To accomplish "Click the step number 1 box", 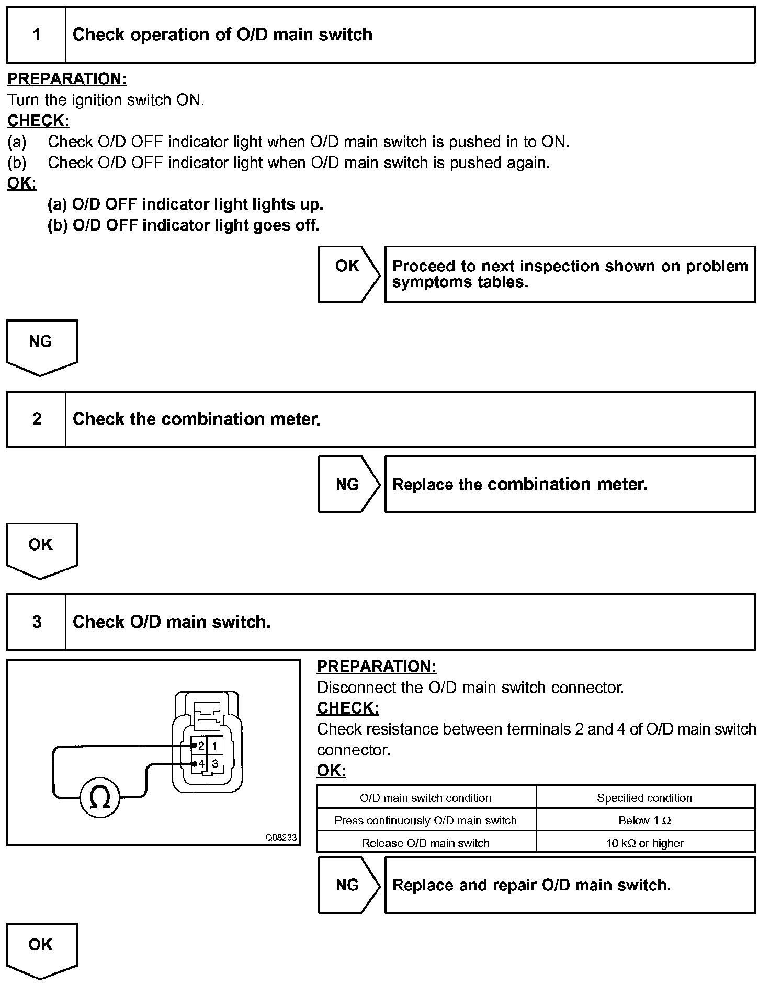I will pyautogui.click(x=36, y=35).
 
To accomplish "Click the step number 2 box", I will pyautogui.click(x=36, y=419).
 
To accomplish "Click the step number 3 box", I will pyautogui.click(x=36, y=622).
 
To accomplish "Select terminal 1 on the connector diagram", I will pyautogui.click(x=215, y=746).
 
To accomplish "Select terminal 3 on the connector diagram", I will pyautogui.click(x=215, y=764).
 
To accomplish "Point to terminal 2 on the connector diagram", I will pyautogui.click(x=201, y=746).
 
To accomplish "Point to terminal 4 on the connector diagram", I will pyautogui.click(x=201, y=764).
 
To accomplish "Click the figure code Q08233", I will pyautogui.click(x=281, y=838).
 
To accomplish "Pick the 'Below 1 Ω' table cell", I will pyautogui.click(x=645, y=821).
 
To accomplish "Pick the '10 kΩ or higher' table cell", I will pyautogui.click(x=645, y=843).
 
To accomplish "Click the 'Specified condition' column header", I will pyautogui.click(x=645, y=798).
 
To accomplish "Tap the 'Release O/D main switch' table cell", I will pyautogui.click(x=426, y=843).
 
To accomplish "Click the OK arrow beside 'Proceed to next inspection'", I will pyautogui.click(x=348, y=274).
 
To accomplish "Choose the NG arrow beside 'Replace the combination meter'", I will pyautogui.click(x=348, y=484).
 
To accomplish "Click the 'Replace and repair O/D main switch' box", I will pyautogui.click(x=570, y=885).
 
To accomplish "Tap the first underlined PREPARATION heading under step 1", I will pyautogui.click(x=67, y=79).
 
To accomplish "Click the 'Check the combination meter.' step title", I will pyautogui.click(x=196, y=419).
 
